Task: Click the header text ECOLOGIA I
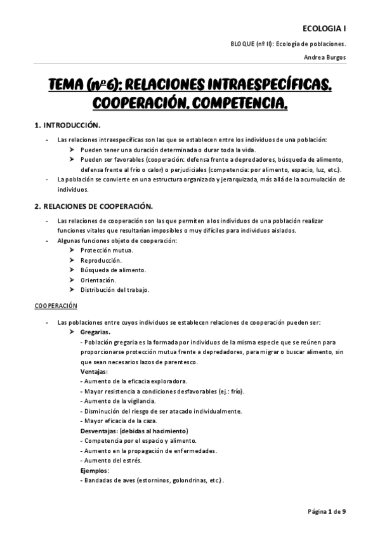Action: (x=324, y=29)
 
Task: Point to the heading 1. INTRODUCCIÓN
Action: (x=67, y=126)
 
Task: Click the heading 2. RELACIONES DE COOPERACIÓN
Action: (x=93, y=207)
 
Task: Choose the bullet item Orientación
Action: (x=98, y=280)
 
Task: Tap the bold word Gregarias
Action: (x=95, y=332)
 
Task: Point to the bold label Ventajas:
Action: (x=94, y=371)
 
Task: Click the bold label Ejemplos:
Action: (x=95, y=470)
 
